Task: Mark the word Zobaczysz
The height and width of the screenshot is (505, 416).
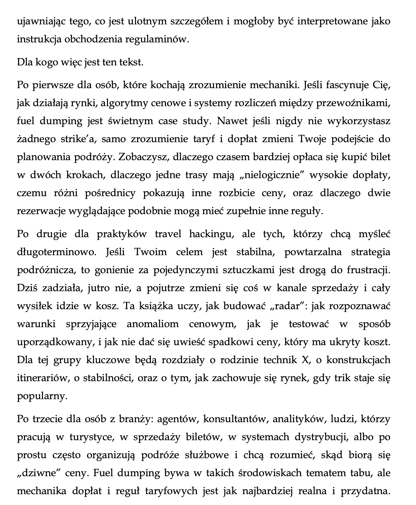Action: tap(144, 157)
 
